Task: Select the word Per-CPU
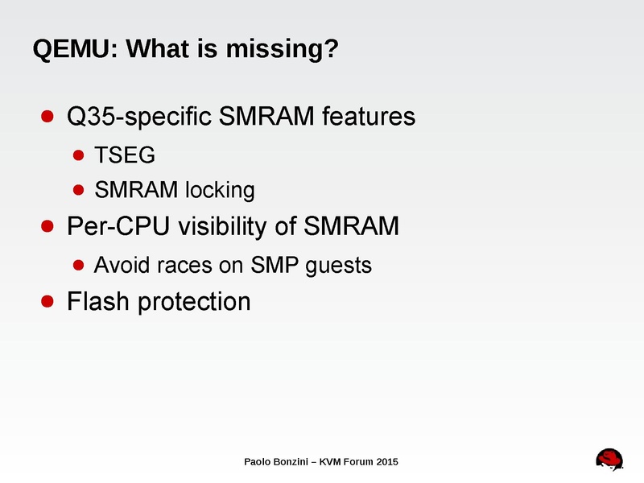(116, 227)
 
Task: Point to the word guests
(339, 265)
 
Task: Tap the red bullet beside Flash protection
(47, 301)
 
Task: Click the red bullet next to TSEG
(78, 153)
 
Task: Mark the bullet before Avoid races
(78, 263)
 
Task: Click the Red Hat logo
(611, 460)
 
